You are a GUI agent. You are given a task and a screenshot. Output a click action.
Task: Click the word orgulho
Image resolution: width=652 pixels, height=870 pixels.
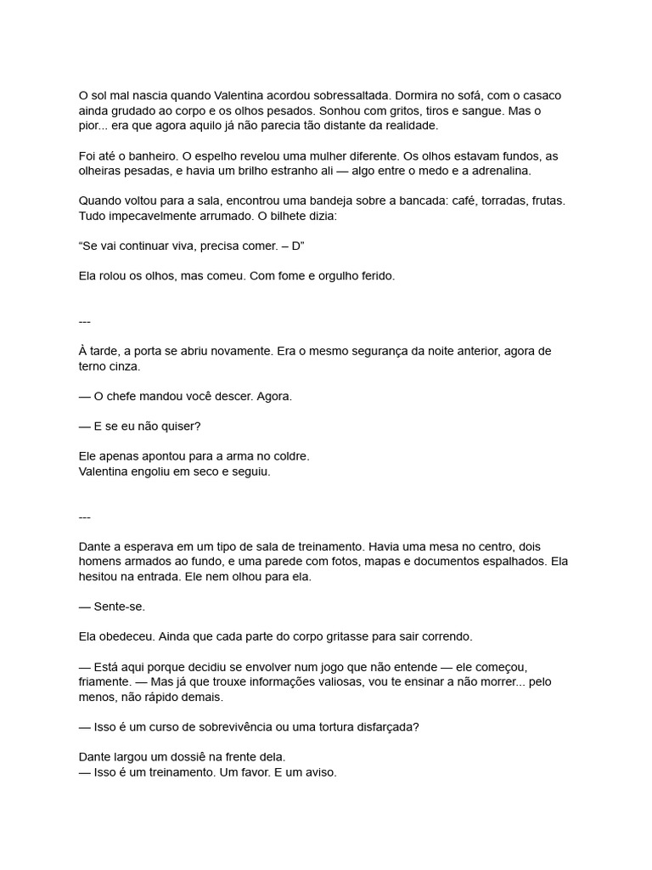[328, 276]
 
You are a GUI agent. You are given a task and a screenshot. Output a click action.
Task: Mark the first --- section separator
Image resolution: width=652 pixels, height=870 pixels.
[84, 321]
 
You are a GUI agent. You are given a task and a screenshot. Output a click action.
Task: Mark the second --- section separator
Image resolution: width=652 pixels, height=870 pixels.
[84, 517]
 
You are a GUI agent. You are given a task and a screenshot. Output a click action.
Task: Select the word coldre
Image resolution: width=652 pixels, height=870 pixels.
[289, 456]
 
